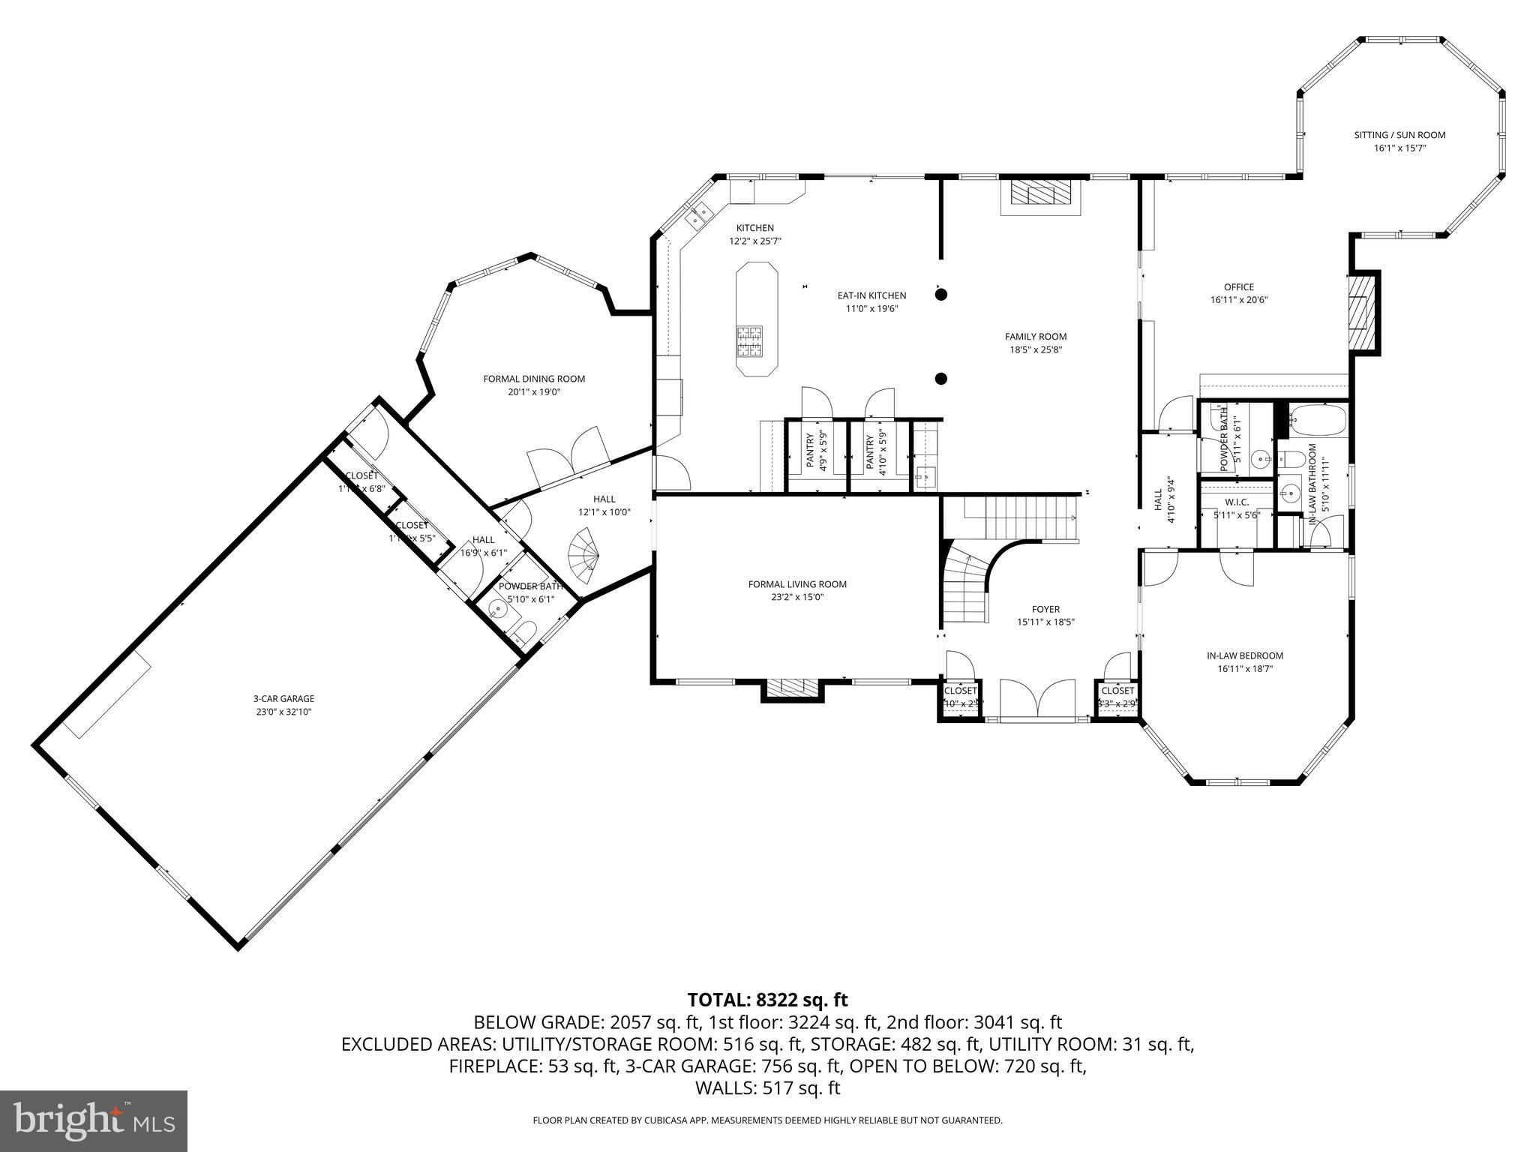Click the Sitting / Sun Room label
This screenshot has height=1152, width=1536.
click(x=1399, y=135)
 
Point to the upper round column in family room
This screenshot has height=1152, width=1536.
click(x=941, y=295)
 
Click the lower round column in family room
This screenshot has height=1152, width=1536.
click(x=941, y=379)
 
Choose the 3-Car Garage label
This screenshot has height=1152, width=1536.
click(x=283, y=698)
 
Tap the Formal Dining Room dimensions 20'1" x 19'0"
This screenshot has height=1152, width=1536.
click(x=533, y=391)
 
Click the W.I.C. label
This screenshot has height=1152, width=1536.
click(x=1236, y=502)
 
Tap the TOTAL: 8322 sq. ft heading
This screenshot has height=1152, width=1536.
click(x=767, y=1000)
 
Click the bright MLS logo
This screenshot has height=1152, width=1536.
click(x=94, y=1120)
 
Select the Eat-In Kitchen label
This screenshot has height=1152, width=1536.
click(x=871, y=295)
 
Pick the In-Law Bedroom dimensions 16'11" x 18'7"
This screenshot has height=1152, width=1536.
click(x=1245, y=668)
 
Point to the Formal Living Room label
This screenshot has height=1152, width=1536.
click(x=797, y=584)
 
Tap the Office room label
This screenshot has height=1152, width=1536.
click(x=1238, y=287)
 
